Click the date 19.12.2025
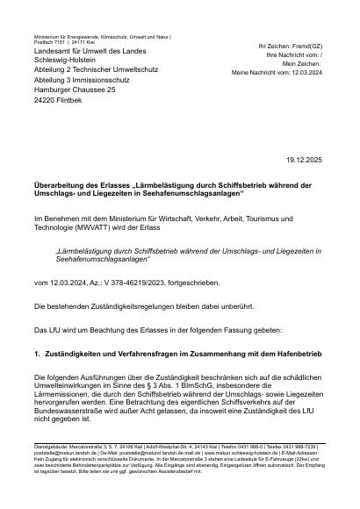[x=306, y=160]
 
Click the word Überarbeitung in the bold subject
[x=61, y=185]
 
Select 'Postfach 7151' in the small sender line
[x=47, y=41]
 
